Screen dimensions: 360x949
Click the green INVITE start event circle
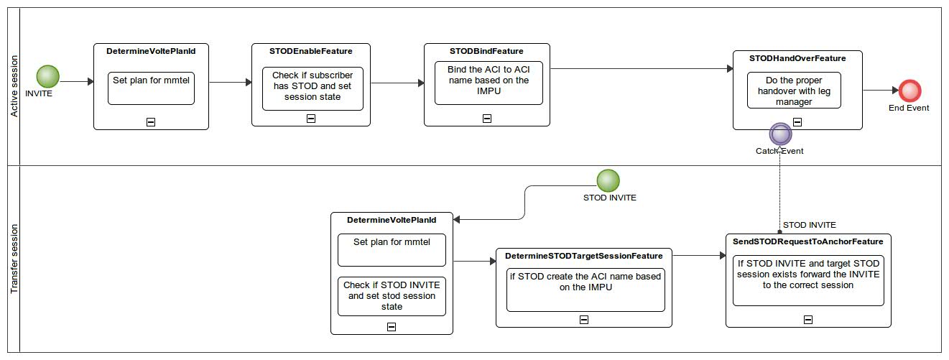pyautogui.click(x=48, y=76)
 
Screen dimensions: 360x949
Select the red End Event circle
pyautogui.click(x=909, y=91)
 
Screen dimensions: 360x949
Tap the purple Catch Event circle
pyautogui.click(x=780, y=134)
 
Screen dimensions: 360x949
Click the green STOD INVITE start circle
pyautogui.click(x=608, y=180)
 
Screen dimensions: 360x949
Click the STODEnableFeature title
pyautogui.click(x=310, y=51)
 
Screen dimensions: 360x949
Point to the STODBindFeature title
pyautogui.click(x=486, y=51)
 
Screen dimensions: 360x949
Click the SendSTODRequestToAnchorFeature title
pyautogui.click(x=808, y=241)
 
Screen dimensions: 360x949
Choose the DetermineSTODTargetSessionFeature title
pyautogui.click(x=583, y=256)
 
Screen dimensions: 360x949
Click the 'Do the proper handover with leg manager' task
pyautogui.click(x=794, y=91)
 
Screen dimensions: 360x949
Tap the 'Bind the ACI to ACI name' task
pyautogui.click(x=488, y=81)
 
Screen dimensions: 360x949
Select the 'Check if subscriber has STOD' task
pyautogui.click(x=313, y=89)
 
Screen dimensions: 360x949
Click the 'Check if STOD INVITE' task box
pyautogui.click(x=392, y=296)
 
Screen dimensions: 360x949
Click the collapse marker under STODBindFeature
pyautogui.click(x=486, y=119)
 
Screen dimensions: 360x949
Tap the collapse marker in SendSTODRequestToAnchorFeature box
pyautogui.click(x=808, y=320)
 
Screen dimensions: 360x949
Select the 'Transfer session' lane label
pyautogui.click(x=14, y=259)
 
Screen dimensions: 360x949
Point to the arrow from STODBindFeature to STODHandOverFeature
pyautogui.click(x=639, y=69)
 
